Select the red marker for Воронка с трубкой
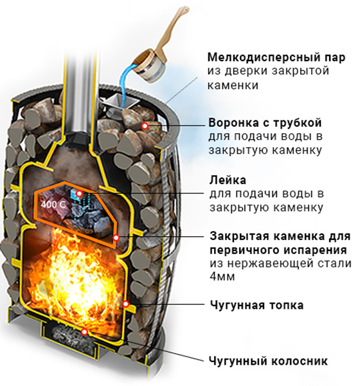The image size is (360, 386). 145,126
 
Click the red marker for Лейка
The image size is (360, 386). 79,194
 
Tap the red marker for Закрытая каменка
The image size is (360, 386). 116,238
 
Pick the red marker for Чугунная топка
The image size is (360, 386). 126,304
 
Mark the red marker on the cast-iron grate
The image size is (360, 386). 85,332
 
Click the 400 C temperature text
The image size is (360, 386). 53,204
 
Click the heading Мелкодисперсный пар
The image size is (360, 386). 276,57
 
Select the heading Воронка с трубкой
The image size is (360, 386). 265,123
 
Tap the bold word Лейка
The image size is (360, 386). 228,180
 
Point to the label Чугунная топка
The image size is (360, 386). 256,306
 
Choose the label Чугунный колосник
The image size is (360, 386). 268,361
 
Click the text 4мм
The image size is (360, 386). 222,277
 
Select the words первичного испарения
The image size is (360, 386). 278,250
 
